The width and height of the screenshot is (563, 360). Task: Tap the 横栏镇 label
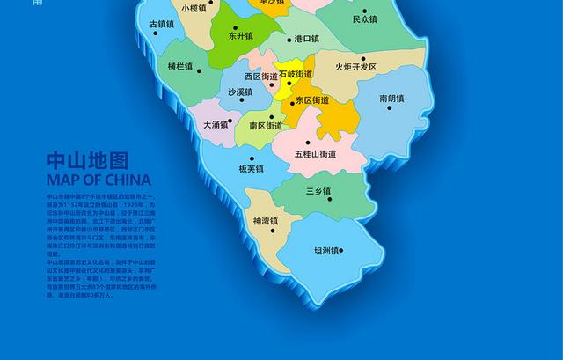(179, 66)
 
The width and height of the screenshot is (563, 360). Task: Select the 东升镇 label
(240, 38)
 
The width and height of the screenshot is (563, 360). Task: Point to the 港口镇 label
(307, 39)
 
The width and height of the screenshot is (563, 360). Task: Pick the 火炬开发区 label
(355, 67)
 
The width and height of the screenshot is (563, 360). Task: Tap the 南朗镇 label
(391, 99)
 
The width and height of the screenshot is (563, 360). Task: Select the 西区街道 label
(261, 77)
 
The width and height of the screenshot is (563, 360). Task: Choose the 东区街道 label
(312, 100)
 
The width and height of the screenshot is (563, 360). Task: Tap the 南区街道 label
(266, 126)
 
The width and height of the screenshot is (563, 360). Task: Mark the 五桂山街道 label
(315, 154)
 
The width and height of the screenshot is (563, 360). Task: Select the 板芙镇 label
(251, 169)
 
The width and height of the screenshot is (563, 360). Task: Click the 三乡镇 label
(318, 191)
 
